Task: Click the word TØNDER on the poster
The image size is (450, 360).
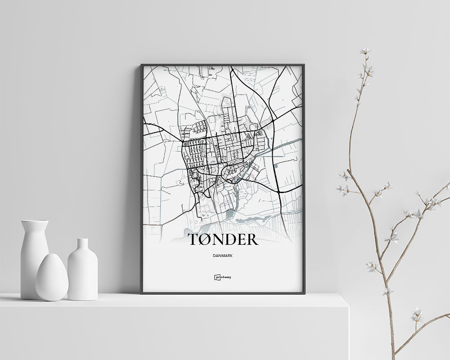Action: pyautogui.click(x=222, y=239)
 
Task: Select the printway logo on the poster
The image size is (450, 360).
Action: pyautogui.click(x=222, y=278)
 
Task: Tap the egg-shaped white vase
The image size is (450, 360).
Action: pyautogui.click(x=52, y=277)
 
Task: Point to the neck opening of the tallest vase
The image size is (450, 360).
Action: pyautogui.click(x=35, y=221)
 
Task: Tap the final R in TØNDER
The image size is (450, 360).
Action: pyautogui.click(x=252, y=239)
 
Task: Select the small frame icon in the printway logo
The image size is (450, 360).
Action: pyautogui.click(x=216, y=278)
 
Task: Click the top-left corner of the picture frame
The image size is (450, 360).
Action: pyautogui.click(x=141, y=65)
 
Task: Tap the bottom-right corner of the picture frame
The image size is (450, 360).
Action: pyautogui.click(x=304, y=293)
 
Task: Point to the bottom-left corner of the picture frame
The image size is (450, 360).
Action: pyautogui.click(x=141, y=293)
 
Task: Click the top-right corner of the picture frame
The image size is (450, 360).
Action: pyautogui.click(x=304, y=65)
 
